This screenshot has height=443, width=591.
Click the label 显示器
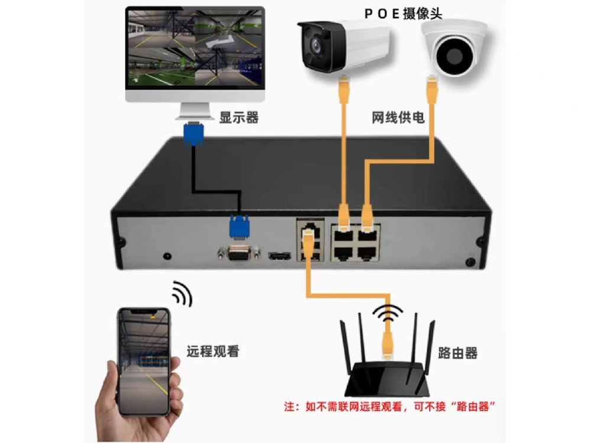[239, 117]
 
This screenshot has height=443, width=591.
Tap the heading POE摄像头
[403, 14]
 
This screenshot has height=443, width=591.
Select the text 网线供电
[398, 118]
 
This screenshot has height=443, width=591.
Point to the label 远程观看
[213, 351]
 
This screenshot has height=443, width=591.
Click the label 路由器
[457, 353]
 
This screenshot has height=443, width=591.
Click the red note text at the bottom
[389, 407]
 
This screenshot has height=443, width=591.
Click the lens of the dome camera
[454, 55]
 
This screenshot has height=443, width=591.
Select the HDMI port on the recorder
[280, 256]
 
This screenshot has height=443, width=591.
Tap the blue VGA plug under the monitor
[194, 134]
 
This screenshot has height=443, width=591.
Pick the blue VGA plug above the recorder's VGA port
[239, 227]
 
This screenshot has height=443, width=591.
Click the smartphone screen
[144, 361]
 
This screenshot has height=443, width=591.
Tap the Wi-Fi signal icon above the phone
[183, 293]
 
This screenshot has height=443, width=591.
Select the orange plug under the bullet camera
[344, 89]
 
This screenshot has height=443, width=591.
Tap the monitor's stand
[194, 111]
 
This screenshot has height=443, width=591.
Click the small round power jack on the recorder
[167, 256]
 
